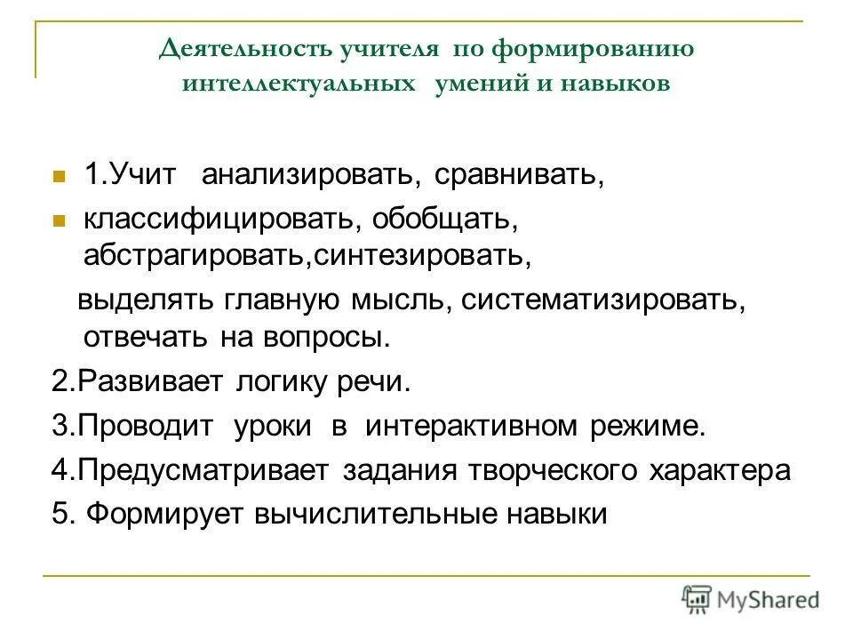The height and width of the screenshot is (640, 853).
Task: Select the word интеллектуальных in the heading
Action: [x=299, y=84]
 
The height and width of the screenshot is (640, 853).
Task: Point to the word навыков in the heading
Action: [x=618, y=84]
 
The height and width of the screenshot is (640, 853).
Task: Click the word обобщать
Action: [x=439, y=218]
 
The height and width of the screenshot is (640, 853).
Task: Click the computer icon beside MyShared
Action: [x=696, y=599]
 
